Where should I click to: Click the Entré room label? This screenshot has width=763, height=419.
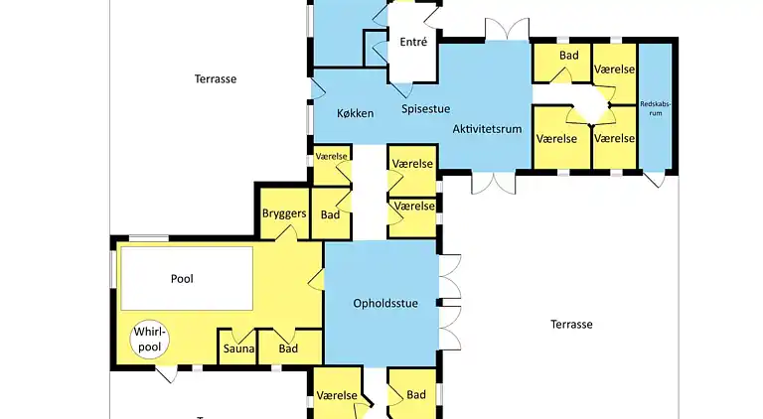coord(412,43)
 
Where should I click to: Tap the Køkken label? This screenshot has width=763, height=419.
coord(354,113)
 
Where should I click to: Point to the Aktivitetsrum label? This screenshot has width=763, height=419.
coord(487,129)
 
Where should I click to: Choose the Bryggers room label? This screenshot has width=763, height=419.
coord(283,213)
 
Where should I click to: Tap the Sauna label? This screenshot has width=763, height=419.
coord(238,349)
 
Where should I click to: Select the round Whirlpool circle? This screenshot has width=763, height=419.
coord(149,340)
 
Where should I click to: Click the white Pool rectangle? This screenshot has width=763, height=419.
coord(187,279)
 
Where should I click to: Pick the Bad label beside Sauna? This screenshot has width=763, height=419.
coord(288,349)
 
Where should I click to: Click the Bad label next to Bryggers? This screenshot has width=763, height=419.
coord(331,214)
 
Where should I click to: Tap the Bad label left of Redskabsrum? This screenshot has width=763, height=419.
coord(568,56)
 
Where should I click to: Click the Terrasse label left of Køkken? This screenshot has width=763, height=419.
coord(216,77)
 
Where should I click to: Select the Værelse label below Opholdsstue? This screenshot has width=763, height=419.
coord(337,395)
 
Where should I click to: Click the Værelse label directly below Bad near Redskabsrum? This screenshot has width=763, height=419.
coord(556,138)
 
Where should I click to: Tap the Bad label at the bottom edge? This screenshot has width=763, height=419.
coord(416,395)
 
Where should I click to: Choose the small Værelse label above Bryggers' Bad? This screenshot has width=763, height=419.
coord(331,157)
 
